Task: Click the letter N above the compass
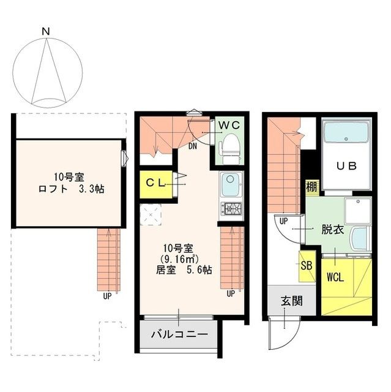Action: (x=45, y=31)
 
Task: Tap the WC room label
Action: (x=229, y=124)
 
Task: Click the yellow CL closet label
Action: (x=153, y=182)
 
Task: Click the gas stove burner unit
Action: (x=231, y=208)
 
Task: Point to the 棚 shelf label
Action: (x=311, y=186)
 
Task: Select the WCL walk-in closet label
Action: (x=335, y=276)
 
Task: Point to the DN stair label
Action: (x=193, y=146)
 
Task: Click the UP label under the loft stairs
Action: (x=106, y=296)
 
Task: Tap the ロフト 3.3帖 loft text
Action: (x=69, y=189)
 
